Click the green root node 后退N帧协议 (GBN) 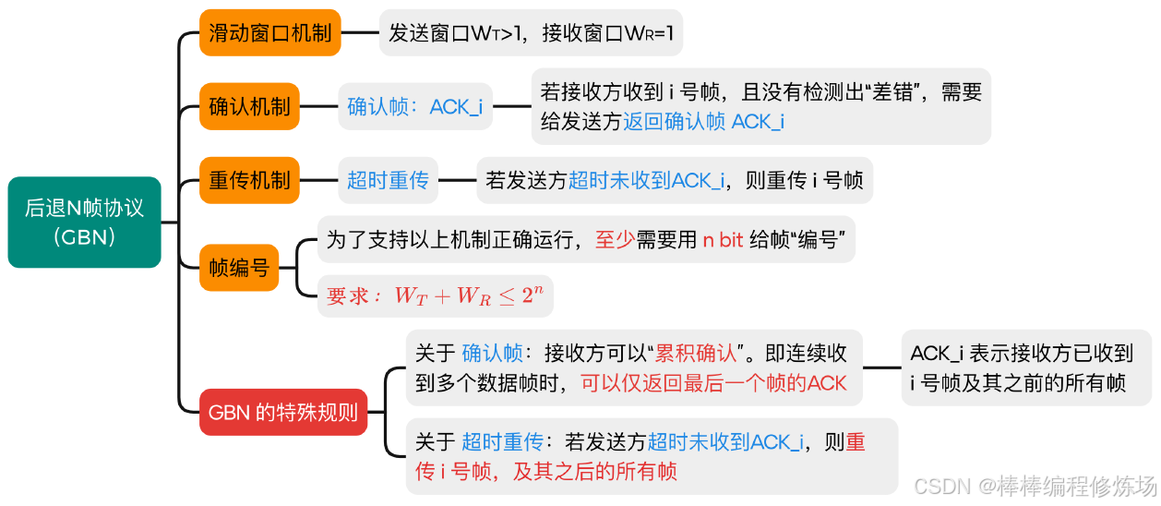point(84,222)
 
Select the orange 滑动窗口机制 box point(270,33)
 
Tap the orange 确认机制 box point(249,106)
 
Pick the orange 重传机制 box point(249,180)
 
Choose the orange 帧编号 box point(239,268)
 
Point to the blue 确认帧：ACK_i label point(414,106)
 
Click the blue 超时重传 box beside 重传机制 point(388,180)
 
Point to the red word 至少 point(615,240)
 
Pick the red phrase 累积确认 point(697,353)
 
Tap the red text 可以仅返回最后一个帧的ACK point(713,382)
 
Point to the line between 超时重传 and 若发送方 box point(457,180)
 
